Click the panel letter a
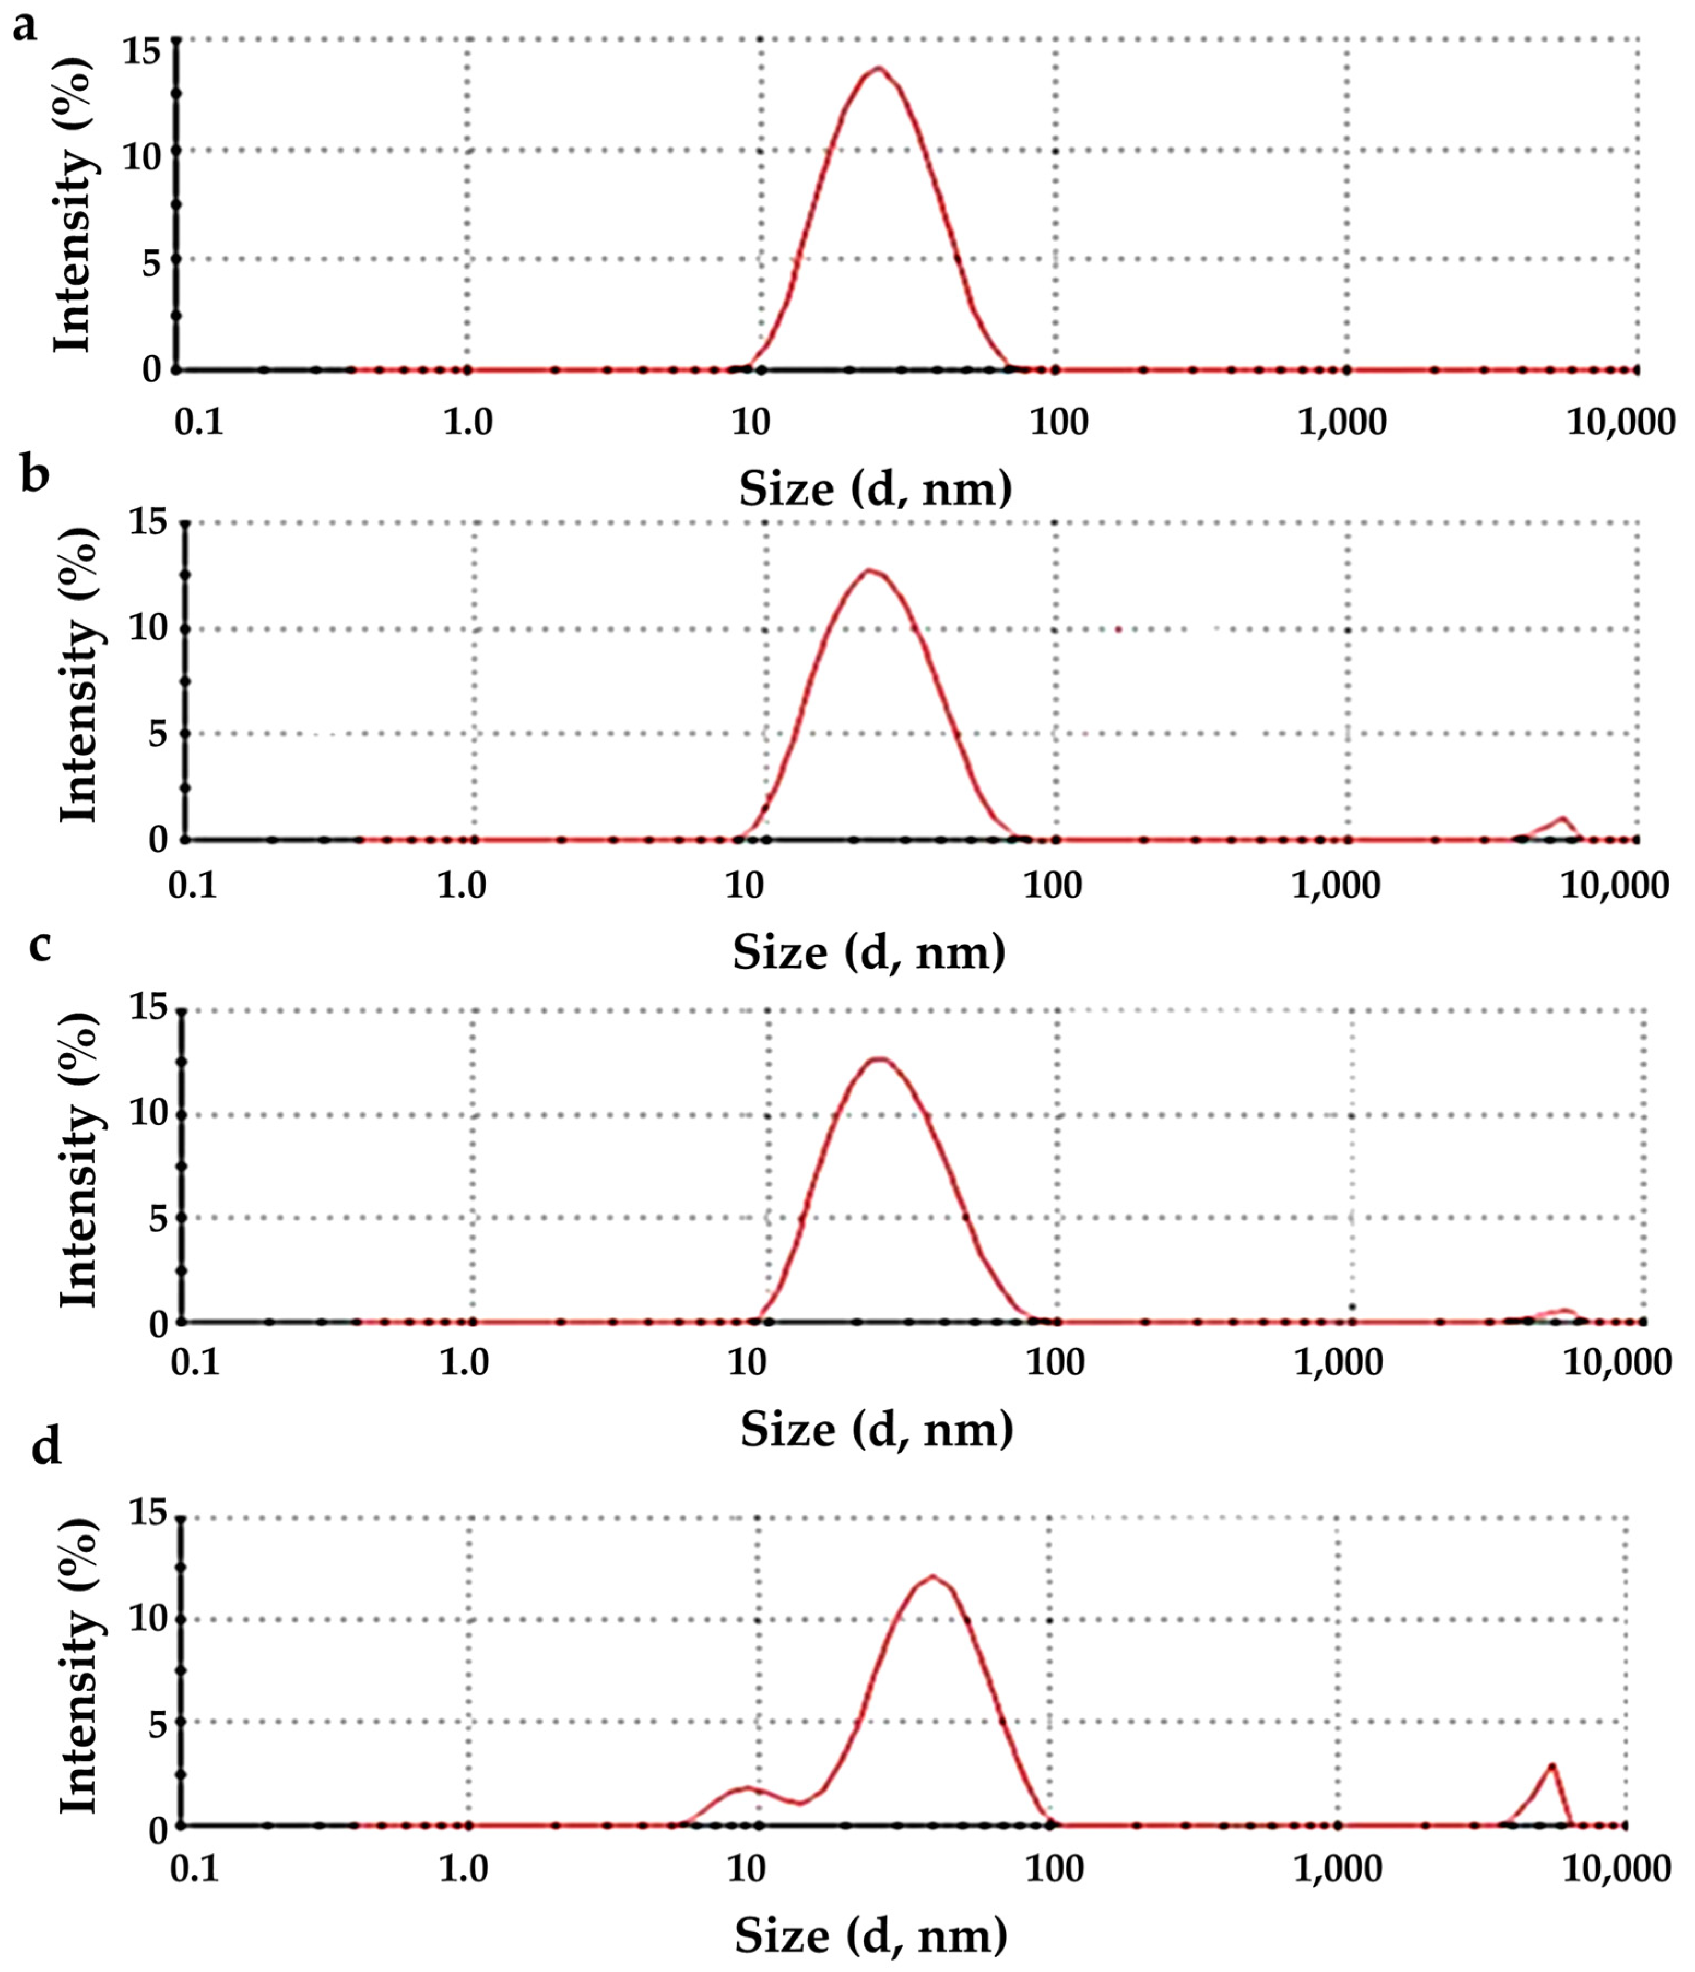click(25, 27)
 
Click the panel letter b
click(34, 474)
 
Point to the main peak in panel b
click(870, 570)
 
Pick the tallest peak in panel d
click(932, 1576)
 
